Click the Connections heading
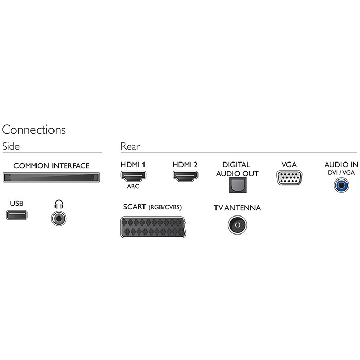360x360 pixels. click(34, 130)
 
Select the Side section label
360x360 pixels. click(11, 147)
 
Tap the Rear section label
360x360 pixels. click(130, 147)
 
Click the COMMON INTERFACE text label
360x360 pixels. click(51, 166)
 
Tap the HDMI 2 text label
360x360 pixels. click(186, 165)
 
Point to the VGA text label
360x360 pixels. click(290, 165)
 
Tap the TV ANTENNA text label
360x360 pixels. click(237, 208)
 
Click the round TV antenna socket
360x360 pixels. click(237, 225)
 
